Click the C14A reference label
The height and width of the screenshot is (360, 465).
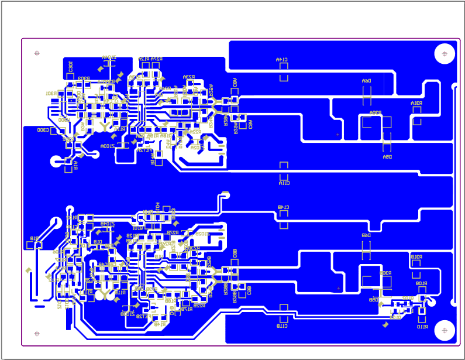(282, 60)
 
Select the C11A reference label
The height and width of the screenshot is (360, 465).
(284, 183)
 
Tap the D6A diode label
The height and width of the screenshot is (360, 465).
(366, 81)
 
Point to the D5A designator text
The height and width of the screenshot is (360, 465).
(387, 157)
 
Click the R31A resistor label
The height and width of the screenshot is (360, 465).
(416, 104)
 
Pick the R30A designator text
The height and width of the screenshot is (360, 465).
(375, 112)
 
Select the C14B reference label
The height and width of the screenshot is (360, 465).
(284, 207)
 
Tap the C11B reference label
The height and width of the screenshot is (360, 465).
(283, 325)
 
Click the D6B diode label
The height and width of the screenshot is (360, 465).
(366, 235)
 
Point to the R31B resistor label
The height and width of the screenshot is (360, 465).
(416, 256)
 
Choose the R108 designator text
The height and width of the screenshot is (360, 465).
(421, 283)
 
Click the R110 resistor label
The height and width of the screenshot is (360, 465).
(422, 327)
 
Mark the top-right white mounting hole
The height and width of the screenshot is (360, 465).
(445, 54)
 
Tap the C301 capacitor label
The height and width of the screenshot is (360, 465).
(70, 66)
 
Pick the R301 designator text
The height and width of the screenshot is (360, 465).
(51, 94)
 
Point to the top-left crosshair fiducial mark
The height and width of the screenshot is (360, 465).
(37, 53)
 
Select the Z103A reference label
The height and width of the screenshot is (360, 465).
(107, 146)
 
